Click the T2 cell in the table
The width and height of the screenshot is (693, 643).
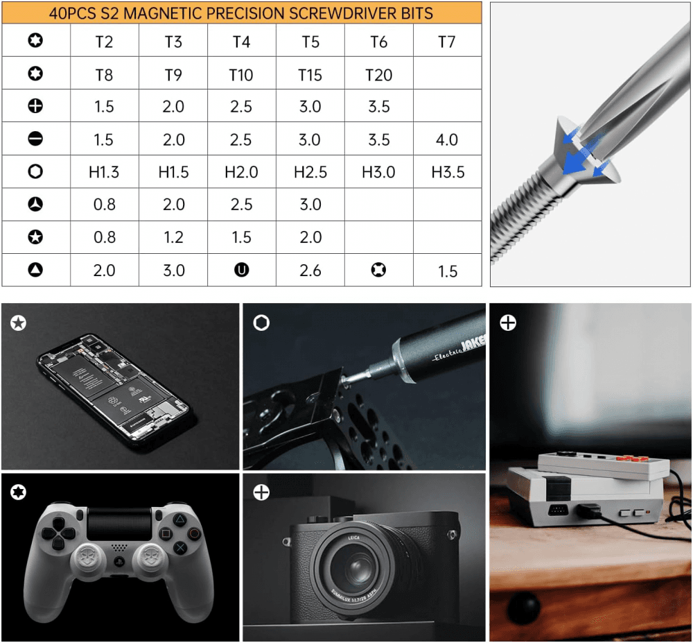(x=104, y=42)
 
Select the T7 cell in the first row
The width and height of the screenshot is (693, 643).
(x=447, y=42)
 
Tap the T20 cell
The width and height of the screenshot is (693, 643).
(x=378, y=74)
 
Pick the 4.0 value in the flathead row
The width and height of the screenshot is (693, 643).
(x=447, y=139)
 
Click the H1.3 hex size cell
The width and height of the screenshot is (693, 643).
(x=104, y=172)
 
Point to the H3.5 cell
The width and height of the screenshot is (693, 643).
(x=447, y=172)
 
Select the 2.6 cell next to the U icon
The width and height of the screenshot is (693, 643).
(x=310, y=271)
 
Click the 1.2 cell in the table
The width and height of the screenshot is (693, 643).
(x=173, y=237)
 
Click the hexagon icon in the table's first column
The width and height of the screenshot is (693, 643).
(x=35, y=172)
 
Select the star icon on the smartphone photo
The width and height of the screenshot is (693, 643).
(x=18, y=322)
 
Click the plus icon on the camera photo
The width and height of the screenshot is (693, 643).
(x=261, y=492)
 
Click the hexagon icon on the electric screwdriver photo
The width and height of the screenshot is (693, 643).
(x=261, y=322)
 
